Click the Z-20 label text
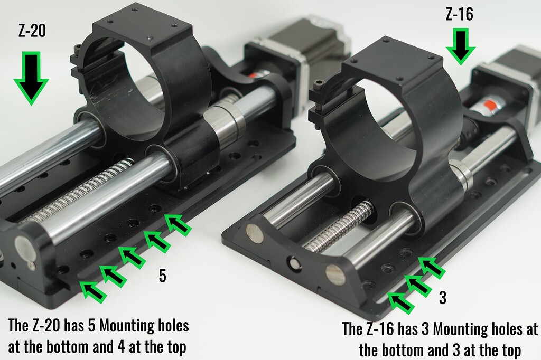point(32,31)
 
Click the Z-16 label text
point(459,14)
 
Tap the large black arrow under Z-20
point(31,78)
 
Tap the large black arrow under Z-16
point(460,46)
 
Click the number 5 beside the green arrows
point(163,276)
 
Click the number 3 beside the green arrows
point(443,298)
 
